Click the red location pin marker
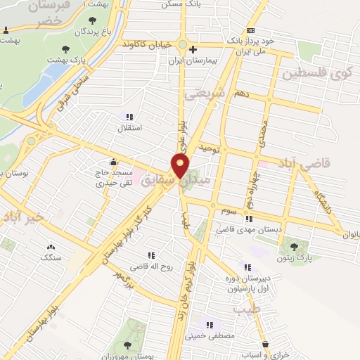coord(180,167)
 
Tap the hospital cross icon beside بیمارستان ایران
coord(193,49)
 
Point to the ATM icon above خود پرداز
coord(251,30)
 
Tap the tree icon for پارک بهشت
coord(65,49)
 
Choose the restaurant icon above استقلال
coord(129,117)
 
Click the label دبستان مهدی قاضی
coord(242,229)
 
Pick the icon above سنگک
coord(50,247)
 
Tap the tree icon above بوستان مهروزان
coord(127,345)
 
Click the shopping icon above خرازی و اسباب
coord(265,344)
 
